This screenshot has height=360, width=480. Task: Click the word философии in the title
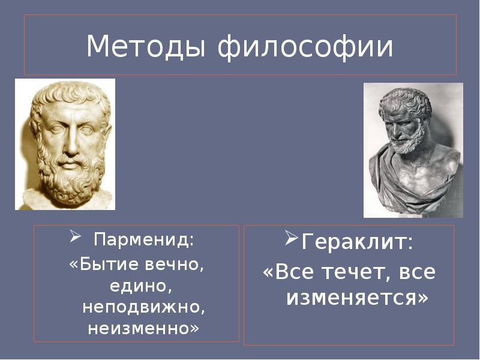[306, 47]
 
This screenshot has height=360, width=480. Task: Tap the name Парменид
[143, 241]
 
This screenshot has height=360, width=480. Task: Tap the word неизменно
[142, 328]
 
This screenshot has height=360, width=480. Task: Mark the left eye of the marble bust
[55, 128]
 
